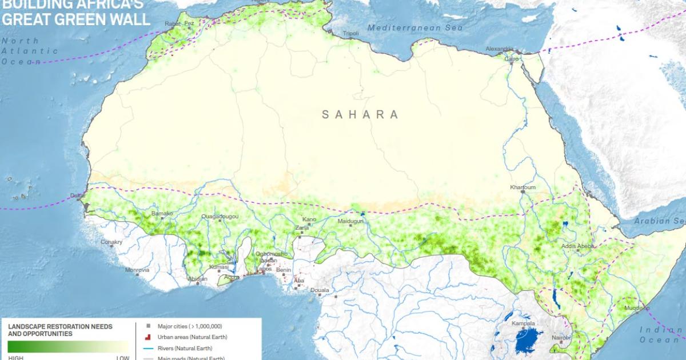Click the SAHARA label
pos(360,115)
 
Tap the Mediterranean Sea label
pos(414,27)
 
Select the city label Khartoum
pos(523,187)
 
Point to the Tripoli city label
pos(350,34)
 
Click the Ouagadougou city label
pos(219,217)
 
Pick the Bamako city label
pos(162,214)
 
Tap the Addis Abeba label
pos(578,246)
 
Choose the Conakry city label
pos(111,242)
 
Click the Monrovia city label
pos(137,270)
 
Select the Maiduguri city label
pos(350,221)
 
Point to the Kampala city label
pos(523,323)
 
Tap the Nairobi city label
pos(561,337)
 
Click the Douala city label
pos(320,290)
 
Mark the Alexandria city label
pos(500,49)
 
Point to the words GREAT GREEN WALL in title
pos(77,20)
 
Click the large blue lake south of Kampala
pos(529,340)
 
